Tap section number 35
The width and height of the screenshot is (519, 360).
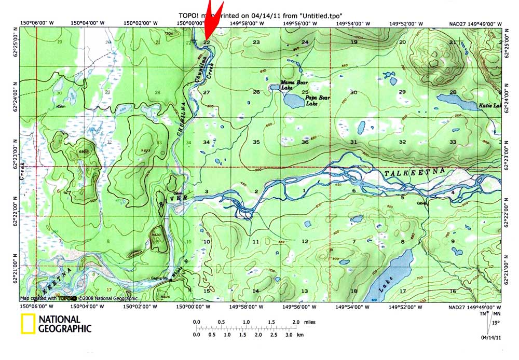(256, 142)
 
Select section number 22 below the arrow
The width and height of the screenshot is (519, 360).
(207, 42)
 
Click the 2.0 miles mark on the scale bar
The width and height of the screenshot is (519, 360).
(295, 322)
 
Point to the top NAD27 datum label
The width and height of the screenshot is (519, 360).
(461, 23)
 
